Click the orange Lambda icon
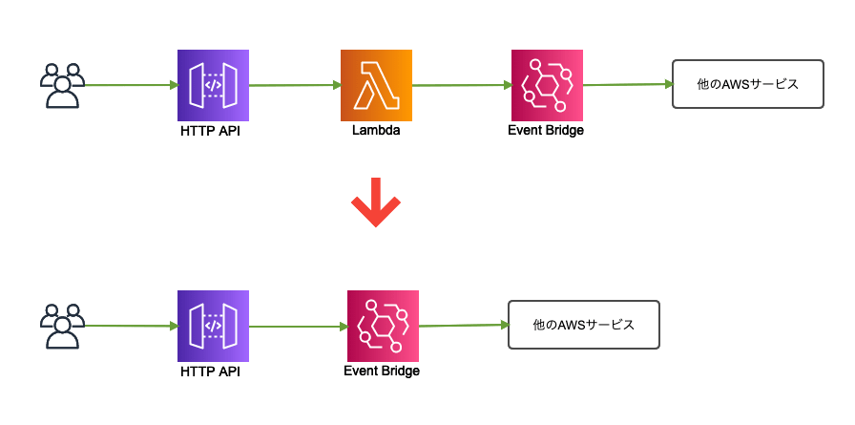click(x=376, y=86)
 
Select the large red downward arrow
click(x=376, y=202)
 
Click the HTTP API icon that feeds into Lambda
click(x=213, y=86)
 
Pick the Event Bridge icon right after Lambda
click(x=547, y=86)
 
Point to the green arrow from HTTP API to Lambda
click(x=294, y=86)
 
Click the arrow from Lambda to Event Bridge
click(x=461, y=86)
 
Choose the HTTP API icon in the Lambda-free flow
click(x=213, y=326)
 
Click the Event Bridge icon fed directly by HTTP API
click(x=382, y=326)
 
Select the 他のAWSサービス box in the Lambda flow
click(x=747, y=84)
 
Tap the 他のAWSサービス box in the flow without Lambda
click(x=583, y=325)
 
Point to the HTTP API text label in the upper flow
click(x=210, y=132)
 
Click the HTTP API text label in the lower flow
click(x=210, y=372)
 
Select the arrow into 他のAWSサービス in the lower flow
click(x=462, y=326)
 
